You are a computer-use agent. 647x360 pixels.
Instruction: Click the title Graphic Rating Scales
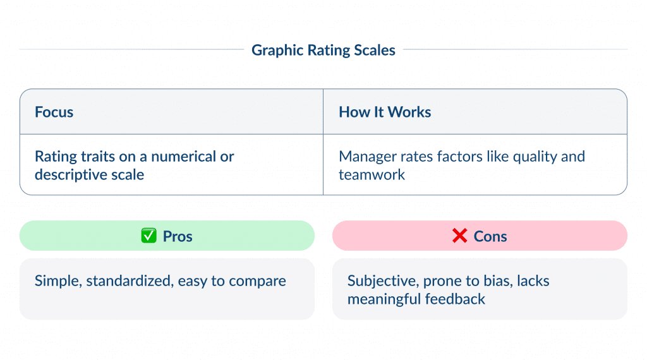click(x=323, y=51)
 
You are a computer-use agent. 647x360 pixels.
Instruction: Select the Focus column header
click(x=54, y=112)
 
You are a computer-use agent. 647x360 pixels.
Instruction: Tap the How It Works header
click(x=385, y=112)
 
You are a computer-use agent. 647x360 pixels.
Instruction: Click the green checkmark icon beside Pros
click(x=148, y=236)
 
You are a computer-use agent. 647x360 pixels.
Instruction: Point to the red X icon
click(x=459, y=236)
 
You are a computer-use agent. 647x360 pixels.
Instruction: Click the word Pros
click(x=178, y=236)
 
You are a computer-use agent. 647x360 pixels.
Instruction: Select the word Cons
click(x=490, y=236)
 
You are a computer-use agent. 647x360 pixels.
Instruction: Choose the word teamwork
click(x=372, y=174)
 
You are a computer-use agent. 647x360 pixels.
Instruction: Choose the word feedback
click(x=455, y=299)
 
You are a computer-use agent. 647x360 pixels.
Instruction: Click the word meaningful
click(x=383, y=299)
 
